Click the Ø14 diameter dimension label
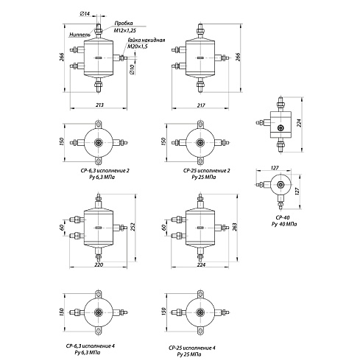(x=85, y=14)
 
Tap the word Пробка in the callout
(x=124, y=23)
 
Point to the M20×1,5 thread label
(x=138, y=46)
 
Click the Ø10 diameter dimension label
(x=131, y=69)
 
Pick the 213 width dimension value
(x=99, y=105)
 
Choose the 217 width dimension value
(x=201, y=105)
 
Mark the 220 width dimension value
(x=99, y=264)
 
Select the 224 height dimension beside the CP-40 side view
(x=299, y=123)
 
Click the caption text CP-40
(x=283, y=217)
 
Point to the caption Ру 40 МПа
(x=284, y=224)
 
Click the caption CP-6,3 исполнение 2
(x=105, y=170)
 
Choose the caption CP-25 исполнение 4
(x=192, y=348)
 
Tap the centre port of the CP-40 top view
(x=280, y=184)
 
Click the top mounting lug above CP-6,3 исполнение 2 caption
(x=99, y=124)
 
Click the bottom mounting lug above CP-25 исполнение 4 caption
(x=200, y=330)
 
